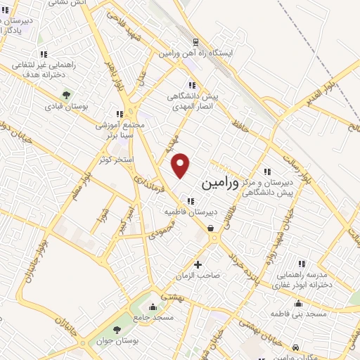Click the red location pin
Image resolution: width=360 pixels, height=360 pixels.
coord(181,165)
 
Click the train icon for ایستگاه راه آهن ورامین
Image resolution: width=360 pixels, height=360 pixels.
coord(195,42)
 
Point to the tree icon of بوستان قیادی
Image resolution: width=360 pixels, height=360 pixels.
coord(67,94)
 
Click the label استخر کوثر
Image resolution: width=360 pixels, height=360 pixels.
coord(116,160)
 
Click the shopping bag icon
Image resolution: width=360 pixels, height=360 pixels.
coord(211,228)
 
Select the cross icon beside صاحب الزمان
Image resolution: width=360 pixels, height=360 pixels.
coord(198,265)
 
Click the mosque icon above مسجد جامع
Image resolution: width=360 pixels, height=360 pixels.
coord(153,307)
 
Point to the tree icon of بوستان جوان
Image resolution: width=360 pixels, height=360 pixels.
coord(117,330)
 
